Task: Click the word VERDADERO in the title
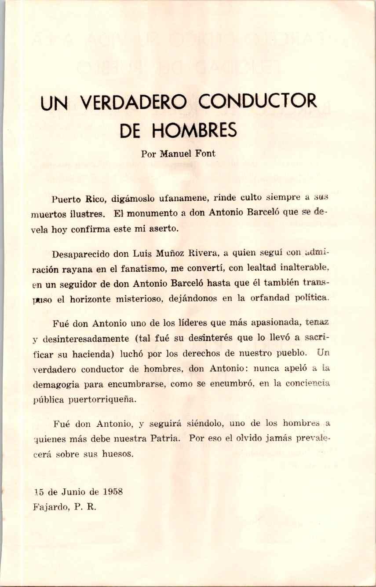tap(134, 102)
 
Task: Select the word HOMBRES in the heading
tap(194, 130)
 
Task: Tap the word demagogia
tap(56, 384)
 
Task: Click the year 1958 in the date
tap(112, 492)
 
